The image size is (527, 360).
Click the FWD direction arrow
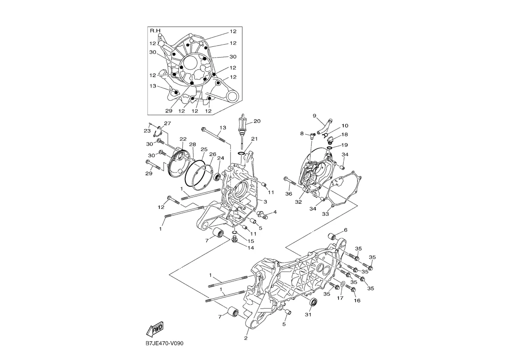(155, 329)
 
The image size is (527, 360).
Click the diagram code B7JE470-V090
(164, 343)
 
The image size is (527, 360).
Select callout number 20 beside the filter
(257, 121)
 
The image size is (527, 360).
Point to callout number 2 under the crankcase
(246, 338)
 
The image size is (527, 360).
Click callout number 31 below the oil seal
(308, 315)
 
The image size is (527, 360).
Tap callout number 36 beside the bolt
(288, 194)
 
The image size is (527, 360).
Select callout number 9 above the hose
(314, 116)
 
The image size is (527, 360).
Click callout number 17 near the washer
(340, 298)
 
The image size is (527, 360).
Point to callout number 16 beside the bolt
(357, 300)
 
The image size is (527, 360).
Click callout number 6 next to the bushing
(345, 230)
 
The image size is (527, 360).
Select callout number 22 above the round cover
(183, 139)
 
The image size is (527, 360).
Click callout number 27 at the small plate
(167, 124)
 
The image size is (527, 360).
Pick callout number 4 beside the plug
(275, 212)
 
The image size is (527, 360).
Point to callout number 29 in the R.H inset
(169, 111)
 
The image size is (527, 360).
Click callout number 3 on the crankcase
(266, 202)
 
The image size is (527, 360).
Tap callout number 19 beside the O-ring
(345, 145)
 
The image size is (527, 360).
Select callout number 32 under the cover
(298, 202)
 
